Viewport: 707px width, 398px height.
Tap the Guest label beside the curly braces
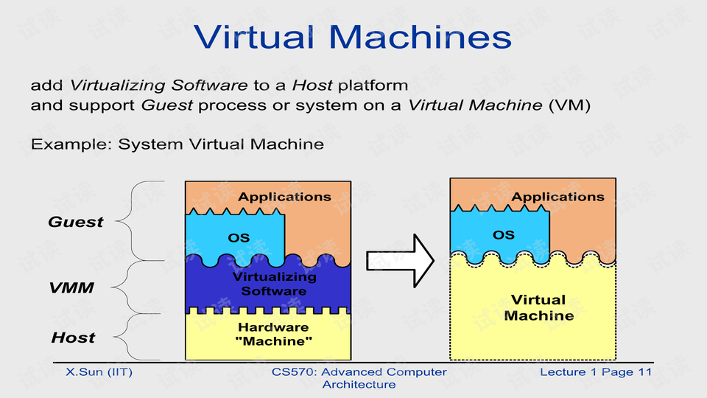76,222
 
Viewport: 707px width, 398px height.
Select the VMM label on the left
71,287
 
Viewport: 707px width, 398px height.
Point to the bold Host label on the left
73,338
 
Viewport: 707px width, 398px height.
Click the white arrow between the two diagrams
401,260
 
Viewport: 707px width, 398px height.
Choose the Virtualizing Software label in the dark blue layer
274,284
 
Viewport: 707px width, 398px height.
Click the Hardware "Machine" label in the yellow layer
274,334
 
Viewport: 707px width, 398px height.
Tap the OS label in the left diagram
239,238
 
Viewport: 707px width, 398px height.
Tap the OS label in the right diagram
504,235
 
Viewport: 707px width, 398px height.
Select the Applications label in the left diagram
284,197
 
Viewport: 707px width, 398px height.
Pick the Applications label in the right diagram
557,197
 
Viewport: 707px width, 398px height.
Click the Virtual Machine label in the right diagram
538,307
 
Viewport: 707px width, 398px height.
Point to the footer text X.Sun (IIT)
99,372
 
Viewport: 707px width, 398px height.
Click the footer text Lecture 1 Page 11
596,372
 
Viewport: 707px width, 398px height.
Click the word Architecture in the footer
359,385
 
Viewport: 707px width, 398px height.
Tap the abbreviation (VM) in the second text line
570,105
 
